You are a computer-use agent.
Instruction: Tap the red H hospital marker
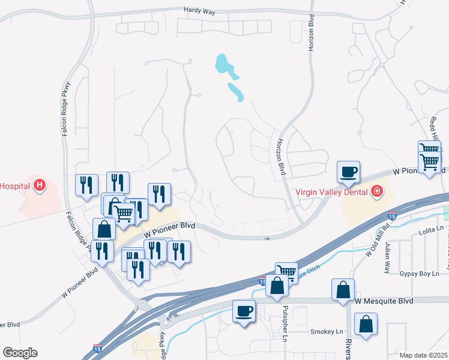tap(40, 185)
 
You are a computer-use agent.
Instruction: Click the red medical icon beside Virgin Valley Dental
tap(377, 191)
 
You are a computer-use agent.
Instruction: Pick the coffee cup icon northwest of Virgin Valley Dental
tap(348, 172)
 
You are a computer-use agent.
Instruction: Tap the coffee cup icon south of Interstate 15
tap(244, 311)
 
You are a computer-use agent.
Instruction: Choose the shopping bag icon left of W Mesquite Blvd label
tap(343, 290)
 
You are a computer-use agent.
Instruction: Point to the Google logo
tap(20, 353)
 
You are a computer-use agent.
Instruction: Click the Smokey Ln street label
tap(327, 331)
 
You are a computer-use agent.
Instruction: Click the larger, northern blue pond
tap(224, 64)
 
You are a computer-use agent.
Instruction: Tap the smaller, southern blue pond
tap(235, 92)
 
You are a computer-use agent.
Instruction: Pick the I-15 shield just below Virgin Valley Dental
tap(392, 215)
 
